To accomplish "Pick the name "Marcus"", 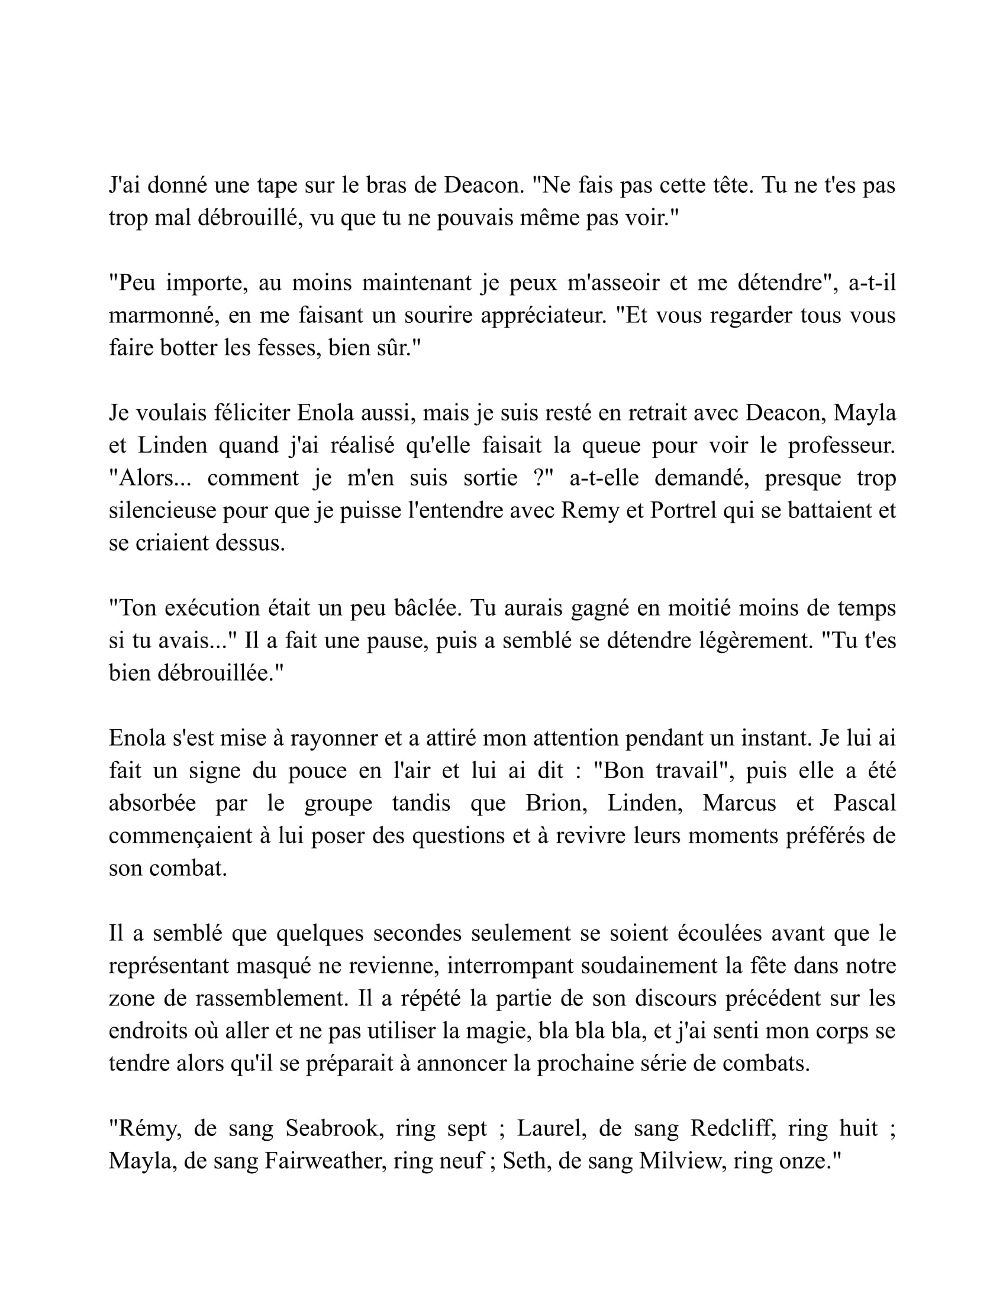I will pyautogui.click(x=739, y=803).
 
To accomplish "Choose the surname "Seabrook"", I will pyautogui.click(x=334, y=1128).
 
